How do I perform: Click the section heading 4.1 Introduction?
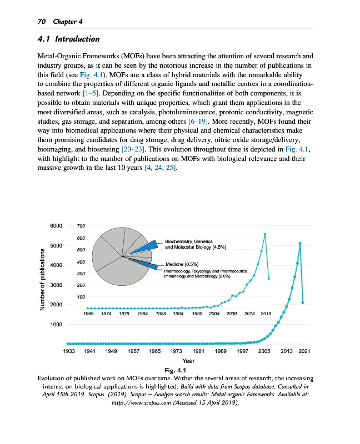68,39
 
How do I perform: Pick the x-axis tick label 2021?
304,352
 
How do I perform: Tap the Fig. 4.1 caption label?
181,370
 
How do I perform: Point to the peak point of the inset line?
265,234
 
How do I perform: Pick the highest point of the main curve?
300,243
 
